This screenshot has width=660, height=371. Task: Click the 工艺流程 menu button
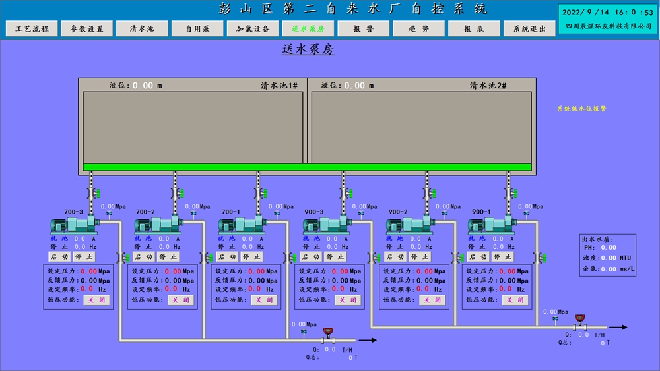[32, 29]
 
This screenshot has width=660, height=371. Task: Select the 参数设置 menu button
[87, 29]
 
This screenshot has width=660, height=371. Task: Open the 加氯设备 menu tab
[253, 29]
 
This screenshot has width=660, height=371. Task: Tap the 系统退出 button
[529, 29]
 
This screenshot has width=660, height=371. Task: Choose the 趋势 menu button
[418, 29]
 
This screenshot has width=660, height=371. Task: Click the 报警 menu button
[363, 29]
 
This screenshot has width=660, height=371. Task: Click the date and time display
[607, 12]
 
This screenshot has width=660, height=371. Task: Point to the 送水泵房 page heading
[308, 49]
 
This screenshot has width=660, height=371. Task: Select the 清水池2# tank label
[492, 86]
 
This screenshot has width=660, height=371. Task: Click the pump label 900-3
[314, 212]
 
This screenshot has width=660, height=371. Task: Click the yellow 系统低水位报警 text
[581, 109]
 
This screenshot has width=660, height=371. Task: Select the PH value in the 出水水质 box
[609, 248]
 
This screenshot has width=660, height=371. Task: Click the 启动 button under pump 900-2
[395, 257]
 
